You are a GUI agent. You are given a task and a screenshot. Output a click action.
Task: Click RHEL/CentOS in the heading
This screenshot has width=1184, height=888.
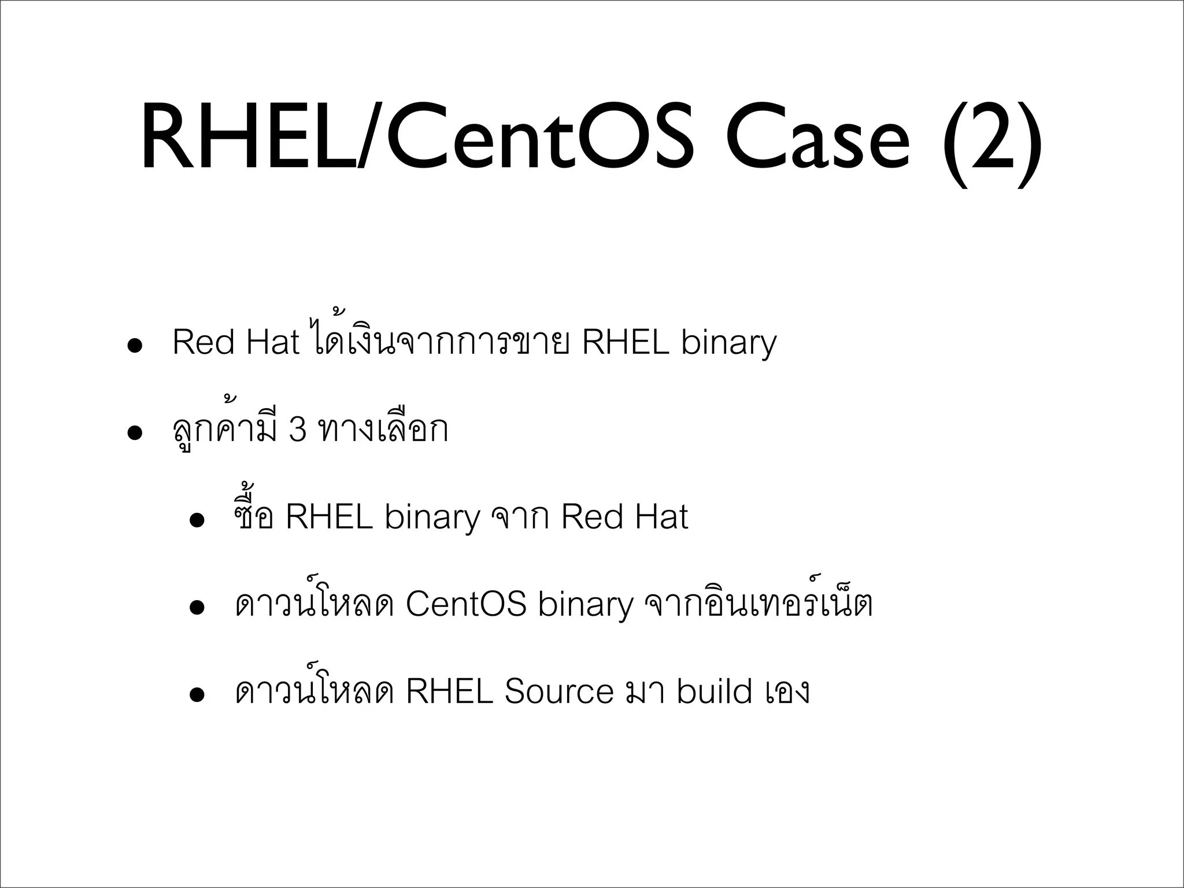point(416,139)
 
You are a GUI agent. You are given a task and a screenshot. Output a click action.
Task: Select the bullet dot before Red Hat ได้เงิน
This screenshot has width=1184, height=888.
point(135,349)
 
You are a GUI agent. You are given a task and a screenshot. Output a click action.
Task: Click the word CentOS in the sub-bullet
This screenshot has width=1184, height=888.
point(466,604)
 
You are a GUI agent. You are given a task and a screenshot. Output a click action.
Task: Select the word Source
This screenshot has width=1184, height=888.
point(558,691)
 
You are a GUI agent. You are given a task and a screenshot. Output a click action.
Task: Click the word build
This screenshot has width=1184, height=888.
point(715,691)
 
